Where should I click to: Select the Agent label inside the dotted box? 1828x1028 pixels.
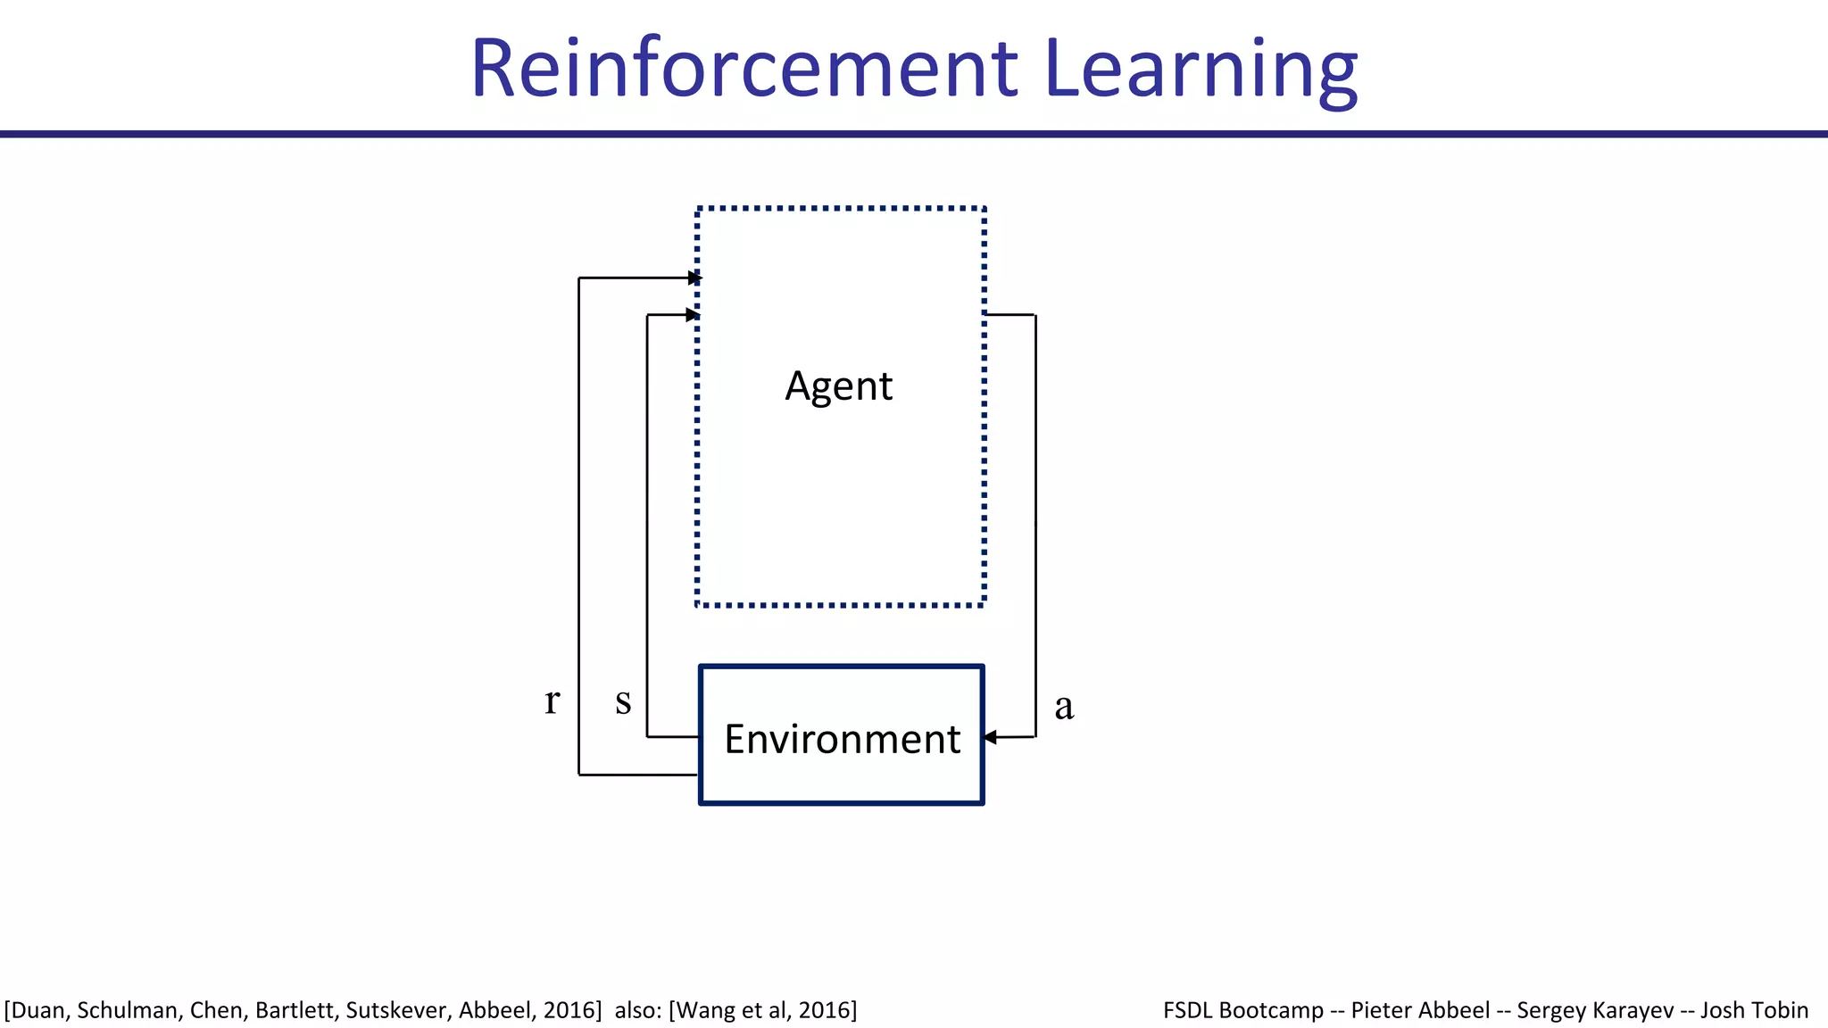[838, 386]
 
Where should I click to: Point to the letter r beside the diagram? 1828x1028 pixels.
[553, 701]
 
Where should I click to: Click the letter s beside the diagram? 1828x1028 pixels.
[623, 701]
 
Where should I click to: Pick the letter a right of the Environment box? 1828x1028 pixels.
[1064, 706]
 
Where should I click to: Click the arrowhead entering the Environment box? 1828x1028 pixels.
[989, 737]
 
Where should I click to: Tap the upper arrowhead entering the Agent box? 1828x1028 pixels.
[695, 278]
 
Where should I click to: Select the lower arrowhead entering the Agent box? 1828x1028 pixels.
[692, 315]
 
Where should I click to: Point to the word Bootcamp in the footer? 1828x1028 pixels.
[1271, 1010]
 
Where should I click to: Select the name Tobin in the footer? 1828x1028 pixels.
[1780, 1010]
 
